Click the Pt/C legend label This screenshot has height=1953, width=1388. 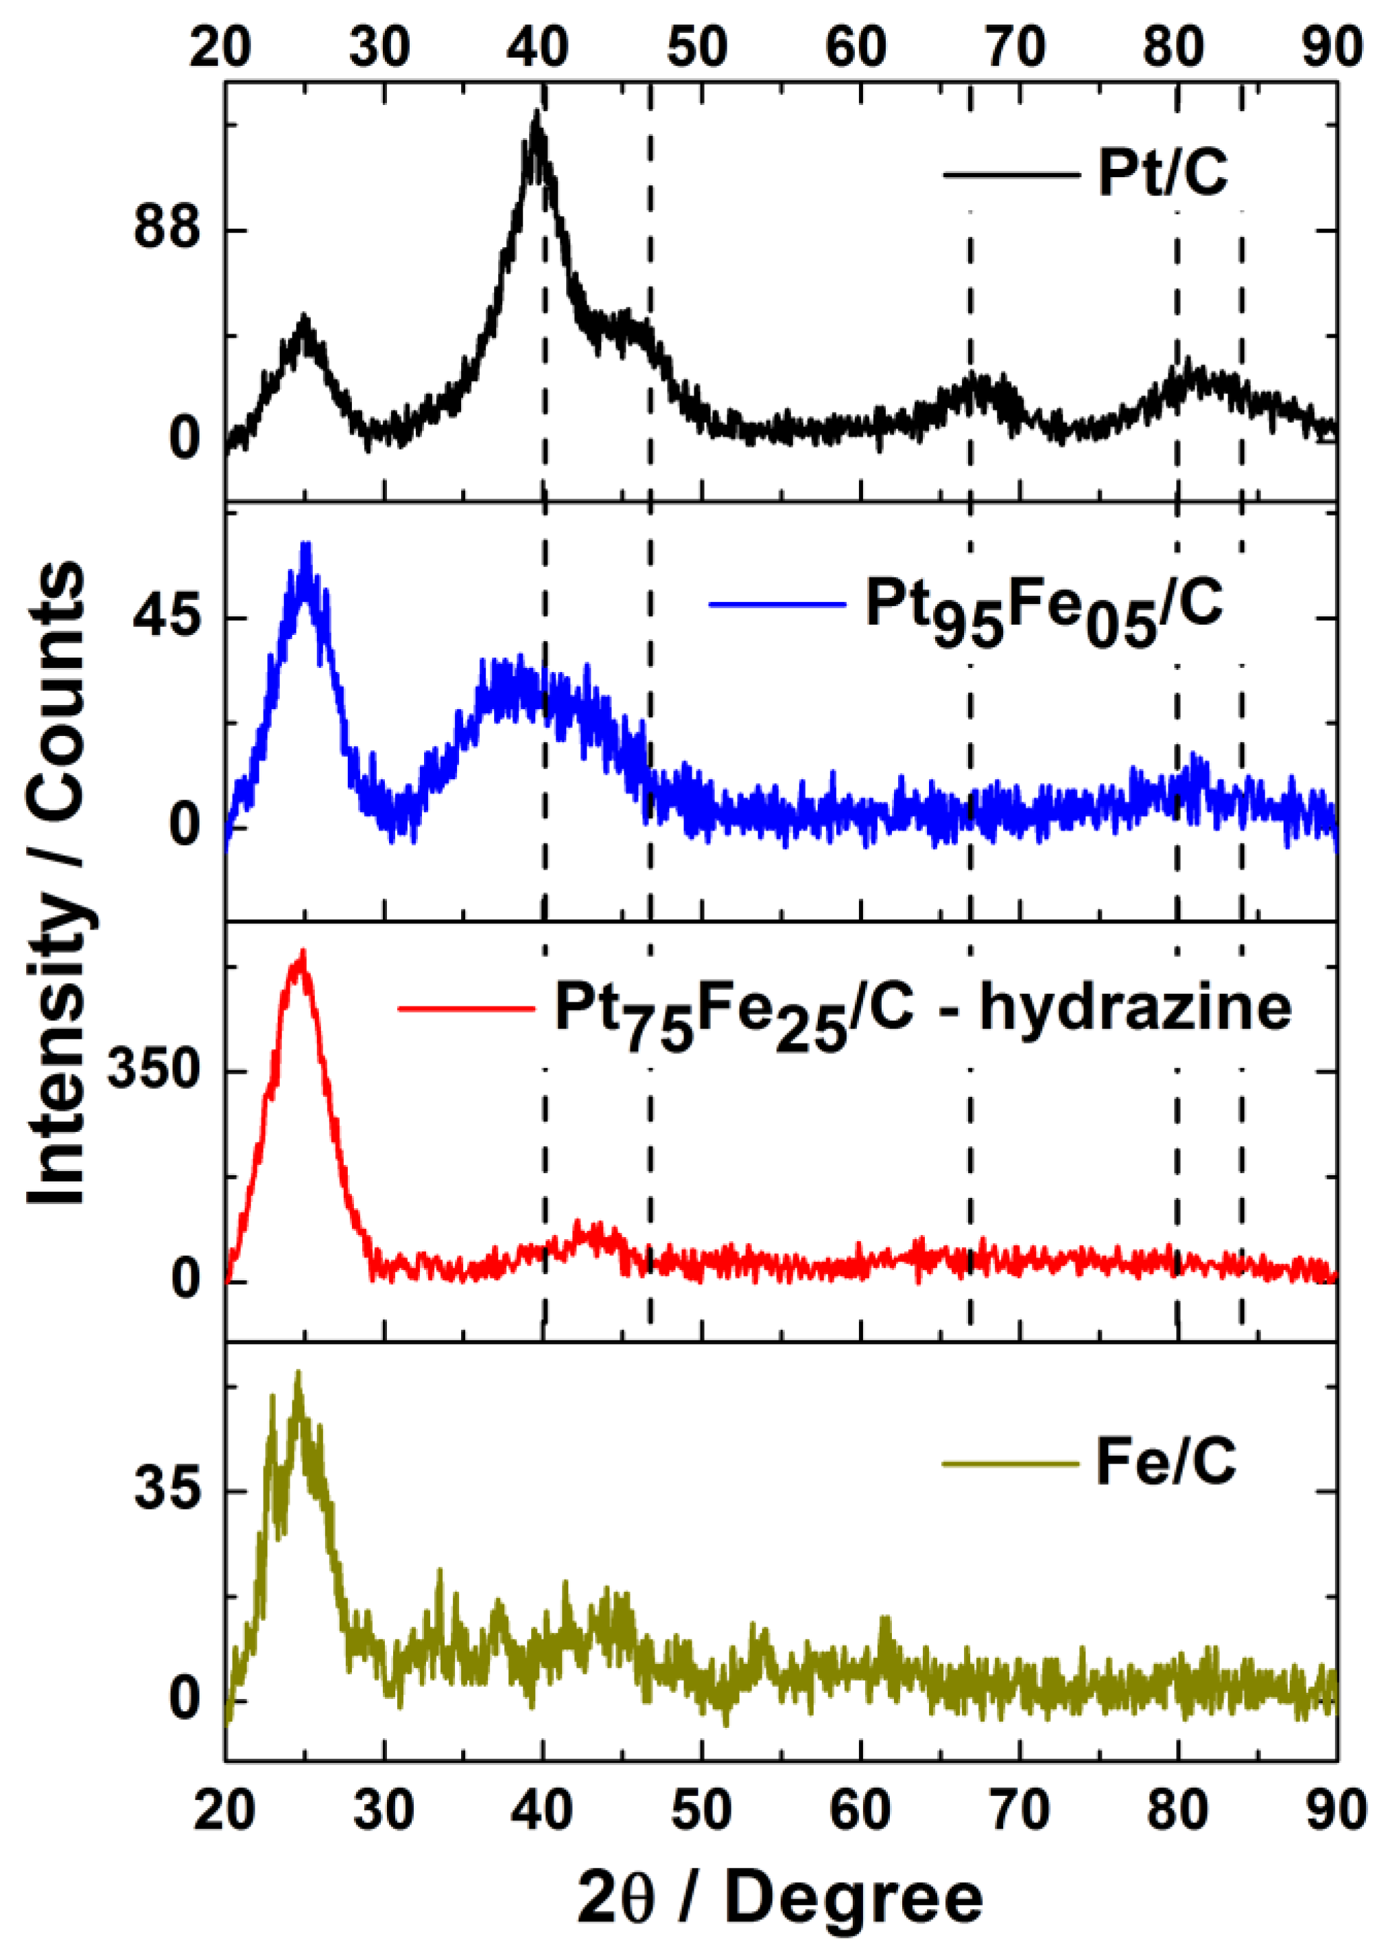pyautogui.click(x=1162, y=174)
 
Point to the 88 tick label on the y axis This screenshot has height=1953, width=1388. pyautogui.click(x=167, y=231)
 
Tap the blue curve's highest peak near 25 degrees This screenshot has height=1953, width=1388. pyautogui.click(x=305, y=544)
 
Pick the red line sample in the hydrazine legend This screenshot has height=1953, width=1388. pyautogui.click(x=467, y=1009)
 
